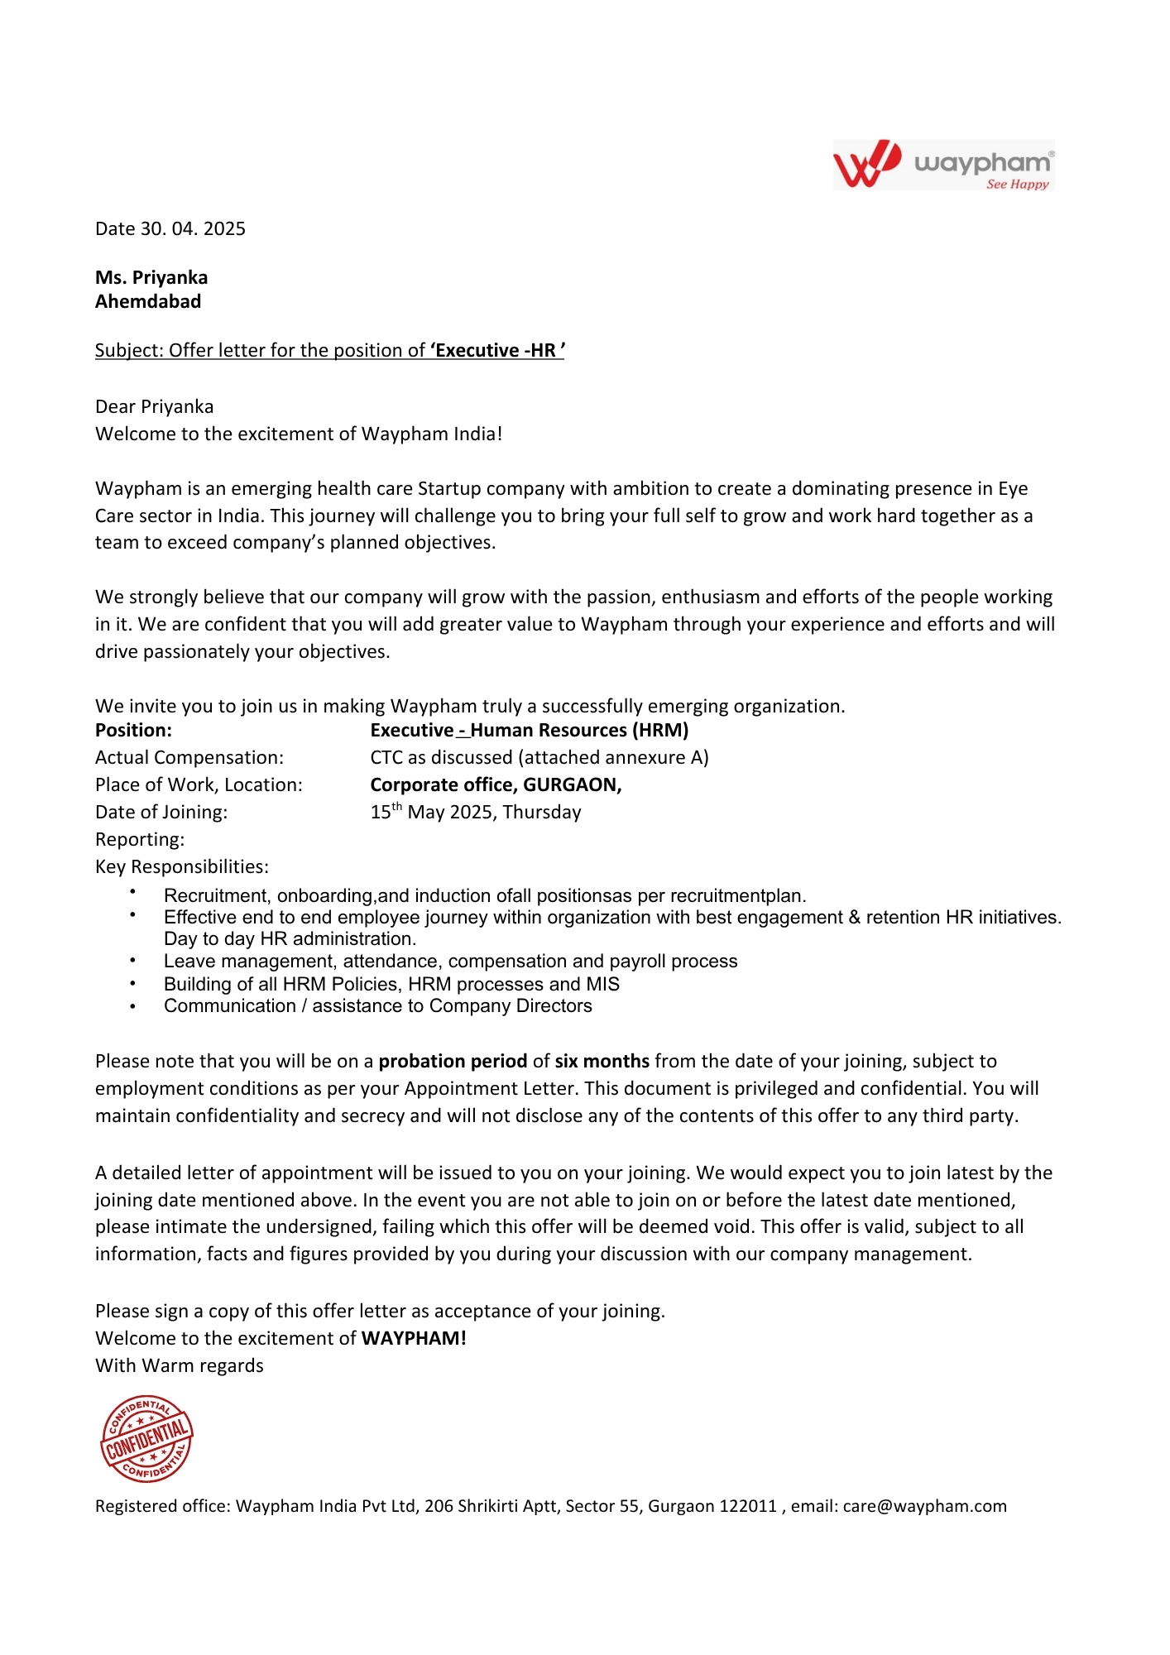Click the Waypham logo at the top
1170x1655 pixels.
pos(943,165)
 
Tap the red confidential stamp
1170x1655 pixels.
pos(146,1439)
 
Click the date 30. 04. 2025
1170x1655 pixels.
pos(193,229)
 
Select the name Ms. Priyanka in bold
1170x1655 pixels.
pos(151,277)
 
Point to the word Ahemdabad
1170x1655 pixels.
pos(148,301)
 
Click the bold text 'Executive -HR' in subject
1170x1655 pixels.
pos(496,351)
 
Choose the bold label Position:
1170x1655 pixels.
pos(133,730)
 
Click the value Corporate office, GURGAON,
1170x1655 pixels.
pos(496,784)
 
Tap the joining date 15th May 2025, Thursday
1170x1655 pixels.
pos(476,812)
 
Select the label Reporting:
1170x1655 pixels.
pos(140,839)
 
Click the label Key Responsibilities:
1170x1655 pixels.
pos(182,866)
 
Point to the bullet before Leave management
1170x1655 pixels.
pos(132,962)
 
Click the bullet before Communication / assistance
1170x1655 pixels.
pos(132,1006)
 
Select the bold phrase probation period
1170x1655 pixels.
pos(453,1061)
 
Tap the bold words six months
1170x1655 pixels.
pos(602,1061)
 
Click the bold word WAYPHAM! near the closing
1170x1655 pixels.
pos(414,1338)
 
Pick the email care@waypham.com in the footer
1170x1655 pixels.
pos(924,1506)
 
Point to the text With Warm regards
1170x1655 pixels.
pos(180,1365)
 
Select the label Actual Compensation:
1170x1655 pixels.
pos(189,757)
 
